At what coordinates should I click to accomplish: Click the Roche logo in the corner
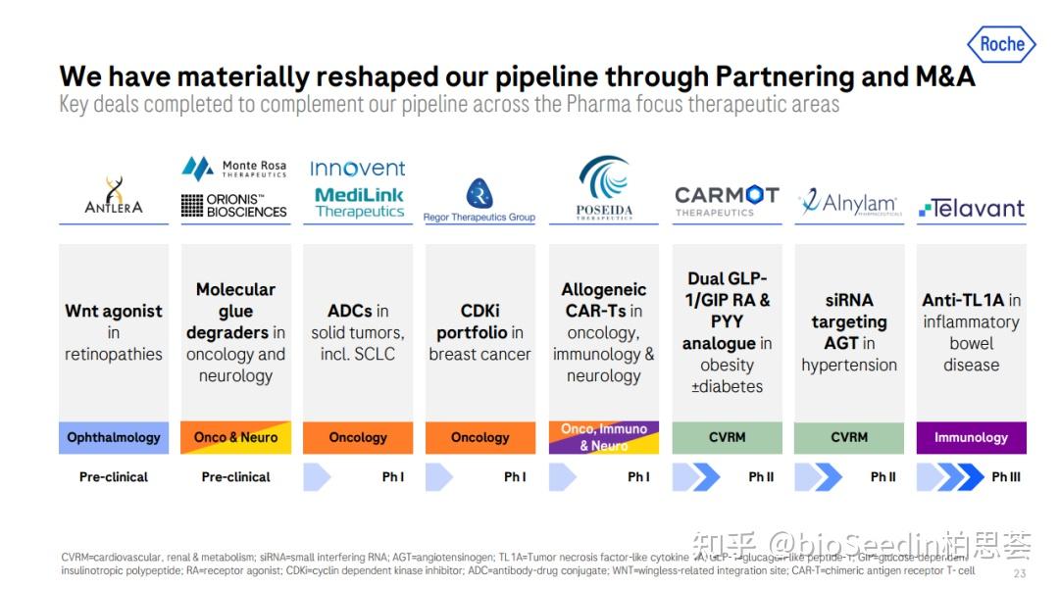click(1001, 43)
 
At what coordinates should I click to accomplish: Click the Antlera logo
click(113, 196)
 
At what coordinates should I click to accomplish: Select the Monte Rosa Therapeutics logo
click(234, 169)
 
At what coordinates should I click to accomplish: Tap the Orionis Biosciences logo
click(234, 205)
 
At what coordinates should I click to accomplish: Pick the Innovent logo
click(358, 169)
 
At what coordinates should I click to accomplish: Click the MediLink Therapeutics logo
click(359, 203)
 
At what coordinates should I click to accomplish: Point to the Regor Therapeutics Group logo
click(479, 201)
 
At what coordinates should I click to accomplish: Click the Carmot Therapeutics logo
click(727, 200)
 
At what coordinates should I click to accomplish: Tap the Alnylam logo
click(848, 203)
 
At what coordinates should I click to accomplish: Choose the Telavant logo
click(971, 208)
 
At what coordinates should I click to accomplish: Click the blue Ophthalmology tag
click(114, 438)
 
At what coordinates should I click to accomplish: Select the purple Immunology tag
click(971, 438)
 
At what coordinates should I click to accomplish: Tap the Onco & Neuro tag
click(235, 438)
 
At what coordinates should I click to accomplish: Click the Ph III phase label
click(1005, 477)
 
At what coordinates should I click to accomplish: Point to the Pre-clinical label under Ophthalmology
click(114, 477)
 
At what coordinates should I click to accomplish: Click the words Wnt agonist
click(114, 312)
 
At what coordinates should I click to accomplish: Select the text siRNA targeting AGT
click(848, 321)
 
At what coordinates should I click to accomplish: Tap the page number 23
click(1019, 573)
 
